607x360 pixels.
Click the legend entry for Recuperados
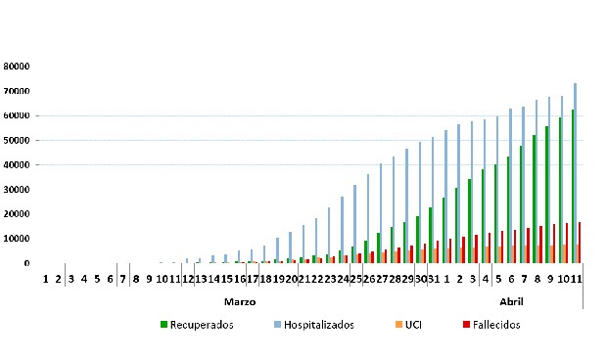pos(201,325)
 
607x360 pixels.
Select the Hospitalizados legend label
pos(311,325)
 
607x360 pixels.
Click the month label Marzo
pos(239,302)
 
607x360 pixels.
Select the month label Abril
pos(512,302)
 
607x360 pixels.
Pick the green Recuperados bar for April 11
pos(572,186)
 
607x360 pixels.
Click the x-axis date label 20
pos(291,280)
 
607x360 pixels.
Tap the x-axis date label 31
pos(433,280)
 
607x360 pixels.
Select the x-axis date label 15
pos(226,280)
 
